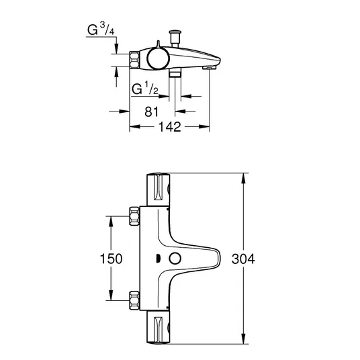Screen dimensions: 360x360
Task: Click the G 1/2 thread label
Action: [x=145, y=89]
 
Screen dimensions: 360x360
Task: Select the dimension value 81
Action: [x=152, y=111]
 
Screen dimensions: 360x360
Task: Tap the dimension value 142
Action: [x=170, y=127]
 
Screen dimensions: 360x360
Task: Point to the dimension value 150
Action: [x=111, y=259]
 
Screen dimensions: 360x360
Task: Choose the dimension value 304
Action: [x=243, y=259]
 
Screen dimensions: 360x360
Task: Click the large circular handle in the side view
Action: [x=159, y=58]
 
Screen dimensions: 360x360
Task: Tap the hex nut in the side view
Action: [x=134, y=60]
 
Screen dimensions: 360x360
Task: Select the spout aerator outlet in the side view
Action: [x=210, y=68]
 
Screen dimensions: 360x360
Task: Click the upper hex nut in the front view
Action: [x=134, y=216]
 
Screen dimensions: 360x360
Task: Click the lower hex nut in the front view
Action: [x=134, y=300]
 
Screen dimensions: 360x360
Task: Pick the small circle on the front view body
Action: [x=175, y=259]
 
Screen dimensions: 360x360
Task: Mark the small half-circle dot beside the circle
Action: [x=157, y=259]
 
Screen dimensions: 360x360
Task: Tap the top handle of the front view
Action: [x=159, y=189]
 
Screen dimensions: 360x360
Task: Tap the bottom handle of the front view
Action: [x=159, y=328]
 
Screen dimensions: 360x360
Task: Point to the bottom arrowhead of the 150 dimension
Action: [x=111, y=295]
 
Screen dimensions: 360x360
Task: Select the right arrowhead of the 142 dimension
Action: [x=204, y=126]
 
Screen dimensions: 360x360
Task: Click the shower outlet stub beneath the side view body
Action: [x=175, y=73]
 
